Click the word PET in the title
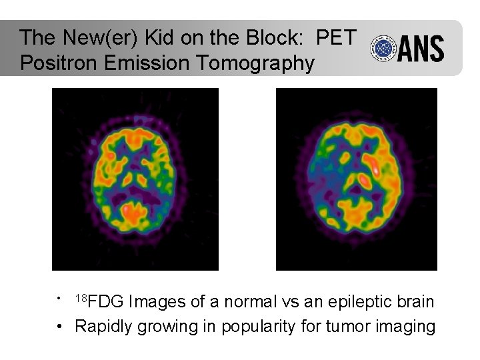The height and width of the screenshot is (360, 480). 337,37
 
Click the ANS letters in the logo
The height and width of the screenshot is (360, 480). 421,49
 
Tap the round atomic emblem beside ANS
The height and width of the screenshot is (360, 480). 384,48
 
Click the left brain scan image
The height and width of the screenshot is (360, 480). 135,179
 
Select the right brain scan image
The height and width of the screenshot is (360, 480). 357,179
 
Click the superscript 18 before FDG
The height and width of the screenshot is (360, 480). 81,297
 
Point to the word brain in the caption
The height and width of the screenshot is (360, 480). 415,302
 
